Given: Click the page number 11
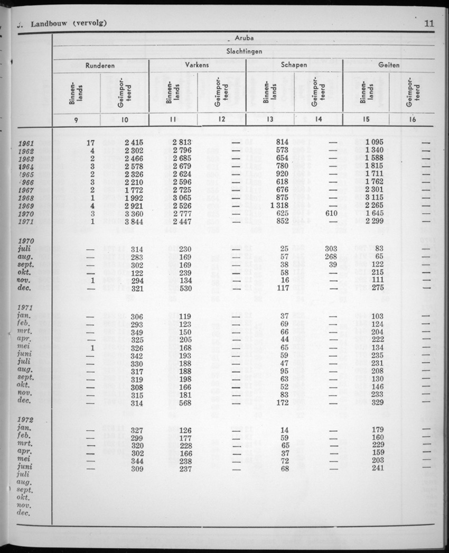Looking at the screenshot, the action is pyautogui.click(x=428, y=23).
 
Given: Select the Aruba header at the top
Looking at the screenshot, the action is pyautogui.click(x=244, y=39).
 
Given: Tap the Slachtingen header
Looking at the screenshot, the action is pyautogui.click(x=244, y=52).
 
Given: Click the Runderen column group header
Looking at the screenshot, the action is pyautogui.click(x=100, y=65).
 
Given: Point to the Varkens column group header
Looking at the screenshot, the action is pyautogui.click(x=197, y=65).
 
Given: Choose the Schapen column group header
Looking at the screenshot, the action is pyautogui.click(x=294, y=65).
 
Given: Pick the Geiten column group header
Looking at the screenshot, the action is pyautogui.click(x=389, y=65).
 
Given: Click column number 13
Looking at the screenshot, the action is pyautogui.click(x=270, y=119).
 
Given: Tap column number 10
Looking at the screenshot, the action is pyautogui.click(x=124, y=119).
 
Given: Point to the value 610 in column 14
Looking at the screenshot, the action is pyautogui.click(x=330, y=213).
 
